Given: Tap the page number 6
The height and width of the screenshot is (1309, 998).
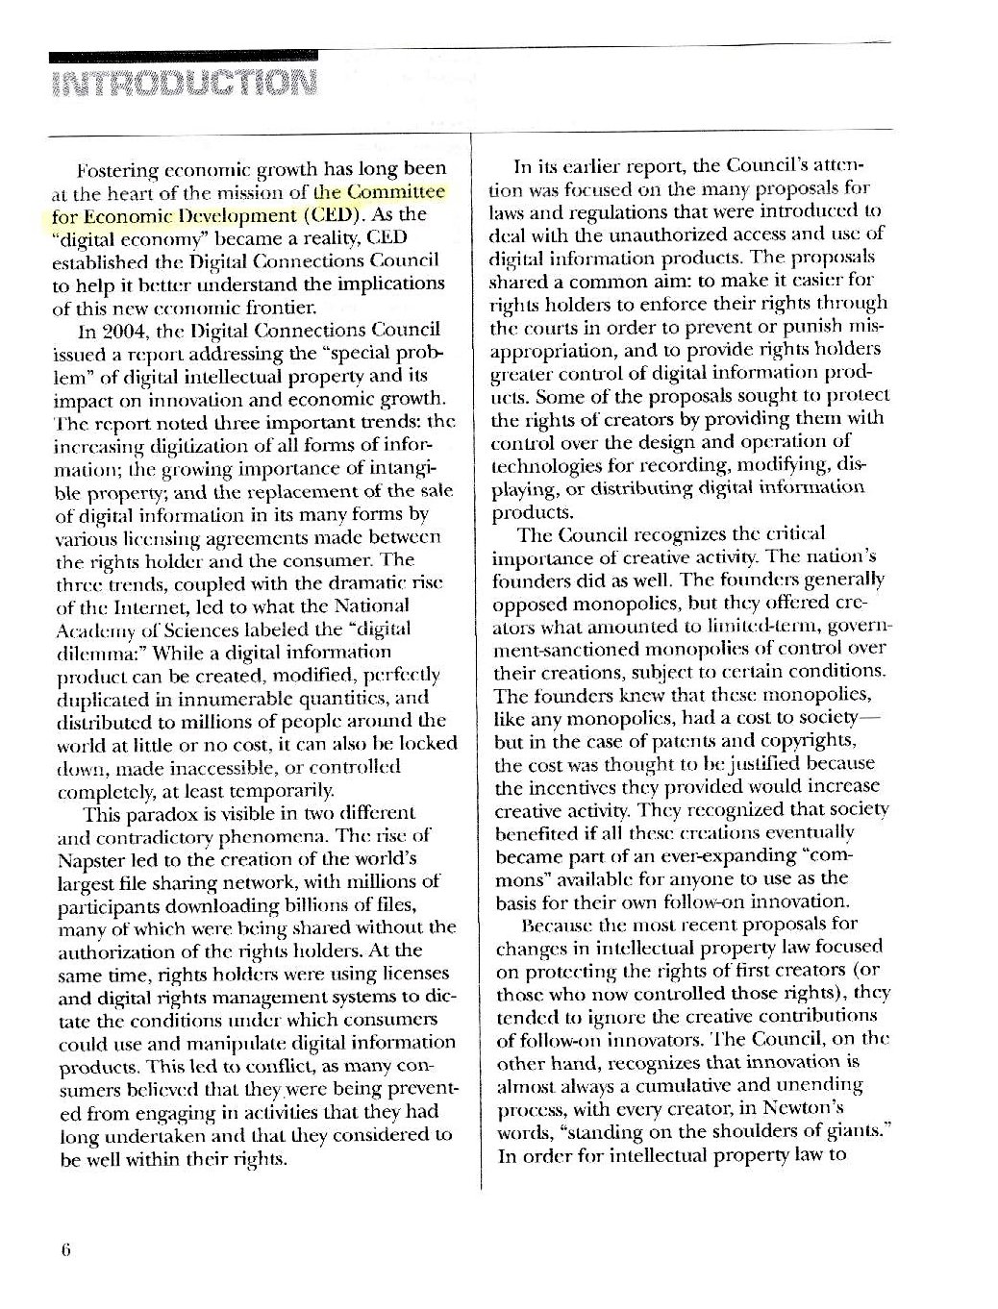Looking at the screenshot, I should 66,1249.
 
